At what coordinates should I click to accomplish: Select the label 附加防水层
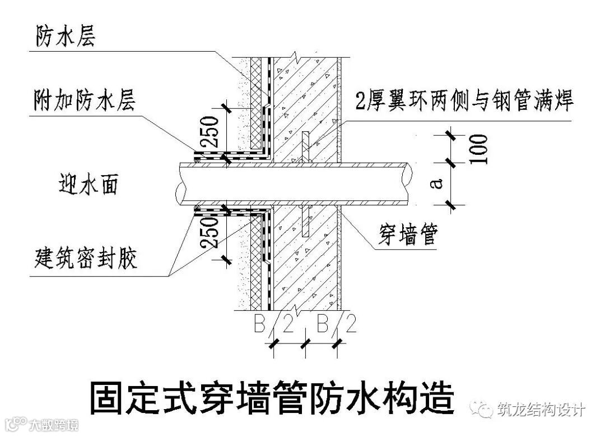[84, 103]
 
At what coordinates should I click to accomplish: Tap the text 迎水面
[89, 183]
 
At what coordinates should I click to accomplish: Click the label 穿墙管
[407, 236]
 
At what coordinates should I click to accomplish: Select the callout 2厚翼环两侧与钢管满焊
[464, 103]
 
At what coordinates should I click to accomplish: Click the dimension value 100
[480, 149]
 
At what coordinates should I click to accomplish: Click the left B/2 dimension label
[274, 324]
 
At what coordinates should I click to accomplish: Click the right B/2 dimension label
[336, 324]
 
